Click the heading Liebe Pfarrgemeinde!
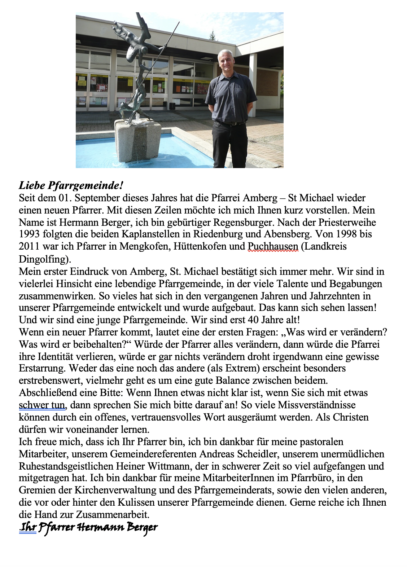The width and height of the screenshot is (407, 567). [71, 186]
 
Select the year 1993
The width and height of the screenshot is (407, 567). [30, 234]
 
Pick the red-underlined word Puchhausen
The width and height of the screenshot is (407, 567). [273, 246]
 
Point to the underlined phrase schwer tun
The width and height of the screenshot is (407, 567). [42, 405]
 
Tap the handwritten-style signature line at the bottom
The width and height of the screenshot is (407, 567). [88, 528]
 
